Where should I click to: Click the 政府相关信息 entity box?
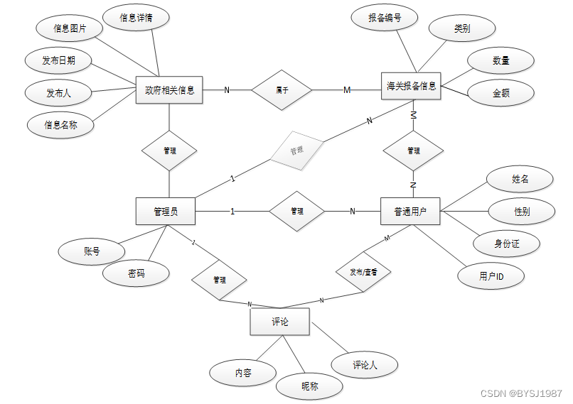[x=169, y=90]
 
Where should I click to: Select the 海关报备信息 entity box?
[x=411, y=87]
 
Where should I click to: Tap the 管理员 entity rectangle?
[x=165, y=211]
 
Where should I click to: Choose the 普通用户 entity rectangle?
[x=410, y=211]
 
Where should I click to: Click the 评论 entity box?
[x=279, y=322]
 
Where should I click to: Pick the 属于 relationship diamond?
[x=282, y=90]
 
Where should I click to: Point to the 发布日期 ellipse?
[x=58, y=60]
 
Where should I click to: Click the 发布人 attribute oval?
[x=58, y=92]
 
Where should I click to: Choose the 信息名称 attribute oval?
[x=60, y=125]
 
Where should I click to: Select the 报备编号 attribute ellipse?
[x=385, y=18]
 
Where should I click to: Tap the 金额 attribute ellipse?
[x=500, y=93]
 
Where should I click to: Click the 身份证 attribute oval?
[x=506, y=244]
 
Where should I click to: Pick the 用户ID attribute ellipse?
[x=491, y=275]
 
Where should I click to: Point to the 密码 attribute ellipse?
[x=136, y=273]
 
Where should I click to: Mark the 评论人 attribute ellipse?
[x=365, y=365]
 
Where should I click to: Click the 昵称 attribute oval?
[x=309, y=386]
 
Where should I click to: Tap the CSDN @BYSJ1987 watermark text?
[x=521, y=393]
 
